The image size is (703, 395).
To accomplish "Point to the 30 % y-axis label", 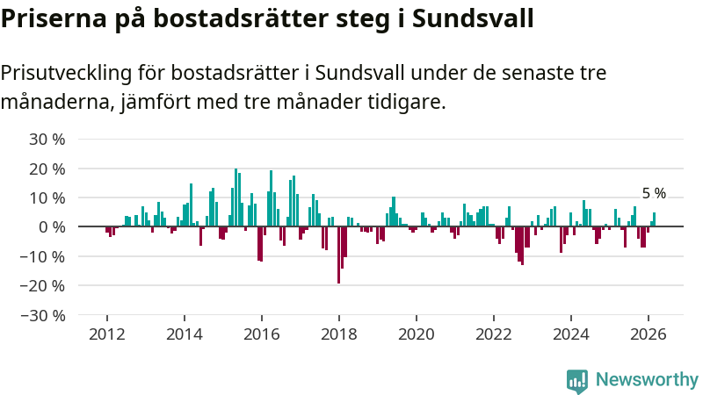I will click(47, 139).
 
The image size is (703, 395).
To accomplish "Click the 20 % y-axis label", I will click(47, 169).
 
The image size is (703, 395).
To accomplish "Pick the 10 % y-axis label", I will click(47, 197).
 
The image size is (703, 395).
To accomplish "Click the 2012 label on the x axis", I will click(107, 334).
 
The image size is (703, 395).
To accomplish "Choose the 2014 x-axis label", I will click(185, 334).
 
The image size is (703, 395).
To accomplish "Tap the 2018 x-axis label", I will click(339, 334).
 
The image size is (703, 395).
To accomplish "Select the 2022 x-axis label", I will click(494, 334).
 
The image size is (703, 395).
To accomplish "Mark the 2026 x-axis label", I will click(649, 334).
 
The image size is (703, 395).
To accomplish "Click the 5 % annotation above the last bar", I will click(654, 194).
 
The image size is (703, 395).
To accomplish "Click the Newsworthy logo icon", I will click(577, 380).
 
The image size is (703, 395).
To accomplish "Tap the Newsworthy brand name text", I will click(647, 380).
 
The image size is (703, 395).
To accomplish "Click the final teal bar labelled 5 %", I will click(654, 219).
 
